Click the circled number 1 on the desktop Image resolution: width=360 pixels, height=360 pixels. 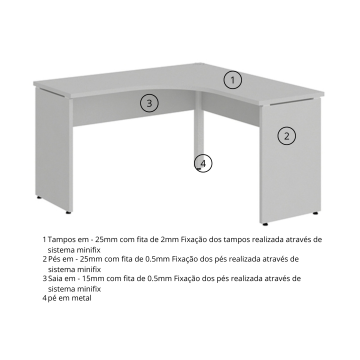[x=232, y=80]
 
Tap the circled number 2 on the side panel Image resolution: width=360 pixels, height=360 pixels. [x=286, y=136]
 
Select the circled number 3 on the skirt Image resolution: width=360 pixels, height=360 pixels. [x=149, y=103]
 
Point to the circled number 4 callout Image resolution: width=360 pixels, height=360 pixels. [x=203, y=163]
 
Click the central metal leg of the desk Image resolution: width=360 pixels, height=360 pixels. [x=199, y=128]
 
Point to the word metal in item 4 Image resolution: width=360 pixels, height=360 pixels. [x=82, y=298]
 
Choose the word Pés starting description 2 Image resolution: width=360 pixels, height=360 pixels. [x=55, y=259]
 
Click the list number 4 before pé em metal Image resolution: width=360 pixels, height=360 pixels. [x=44, y=298]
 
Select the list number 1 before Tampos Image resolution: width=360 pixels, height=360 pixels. [x=44, y=240]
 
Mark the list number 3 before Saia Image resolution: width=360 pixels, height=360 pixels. [x=44, y=278]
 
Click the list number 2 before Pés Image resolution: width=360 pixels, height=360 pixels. [x=44, y=259]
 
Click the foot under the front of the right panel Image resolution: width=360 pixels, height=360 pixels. [x=265, y=224]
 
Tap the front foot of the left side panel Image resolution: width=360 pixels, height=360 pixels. [x=68, y=212]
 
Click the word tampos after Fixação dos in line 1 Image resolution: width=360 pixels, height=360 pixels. [x=237, y=240]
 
